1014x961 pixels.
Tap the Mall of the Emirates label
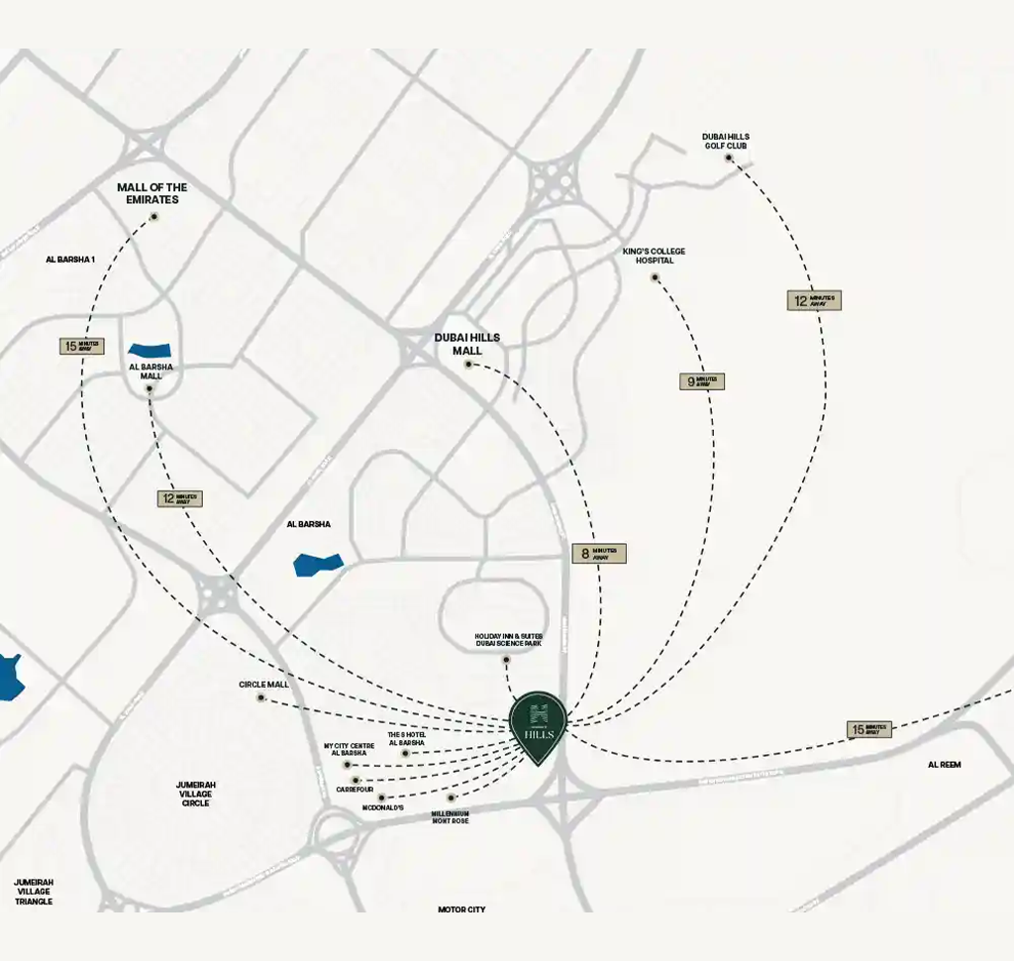(152, 193)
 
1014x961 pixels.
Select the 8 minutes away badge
(599, 554)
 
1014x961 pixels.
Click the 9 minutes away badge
(702, 381)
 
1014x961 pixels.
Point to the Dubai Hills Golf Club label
(726, 141)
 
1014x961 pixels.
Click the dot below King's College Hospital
(655, 277)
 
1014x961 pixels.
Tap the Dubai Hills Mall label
(467, 344)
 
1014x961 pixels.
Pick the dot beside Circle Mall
(261, 697)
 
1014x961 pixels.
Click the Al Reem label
(944, 765)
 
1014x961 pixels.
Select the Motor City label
(461, 909)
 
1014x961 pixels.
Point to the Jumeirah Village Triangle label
(34, 892)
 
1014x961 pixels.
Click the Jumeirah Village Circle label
(196, 794)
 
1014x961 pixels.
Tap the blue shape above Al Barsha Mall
(150, 350)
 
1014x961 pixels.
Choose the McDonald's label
(382, 808)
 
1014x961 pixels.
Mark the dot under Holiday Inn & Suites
(506, 660)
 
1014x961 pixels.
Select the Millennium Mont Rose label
(450, 817)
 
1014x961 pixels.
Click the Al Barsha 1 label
(70, 260)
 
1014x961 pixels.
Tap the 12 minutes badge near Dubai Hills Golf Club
(814, 300)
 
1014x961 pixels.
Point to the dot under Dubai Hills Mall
(468, 365)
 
